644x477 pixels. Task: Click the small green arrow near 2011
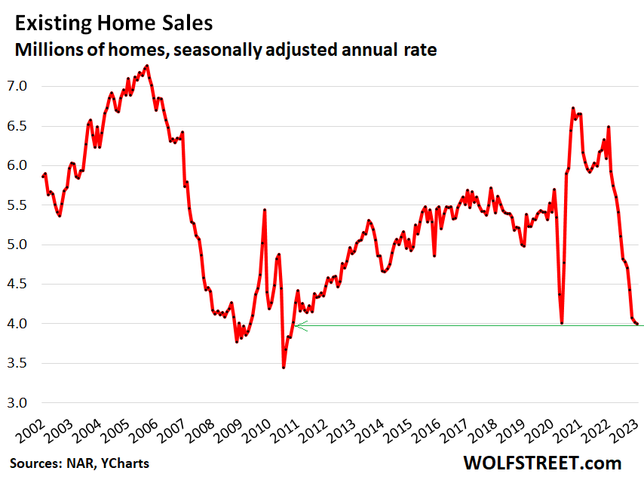[x=302, y=326]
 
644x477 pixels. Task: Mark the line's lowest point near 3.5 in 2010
[x=284, y=367]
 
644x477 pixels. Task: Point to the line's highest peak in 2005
[x=147, y=66]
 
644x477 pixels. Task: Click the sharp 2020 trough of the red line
[x=562, y=323]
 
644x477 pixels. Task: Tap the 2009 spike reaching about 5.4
[x=265, y=210]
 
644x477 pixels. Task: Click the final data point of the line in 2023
[x=638, y=324]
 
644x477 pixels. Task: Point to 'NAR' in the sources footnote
[x=73, y=462]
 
